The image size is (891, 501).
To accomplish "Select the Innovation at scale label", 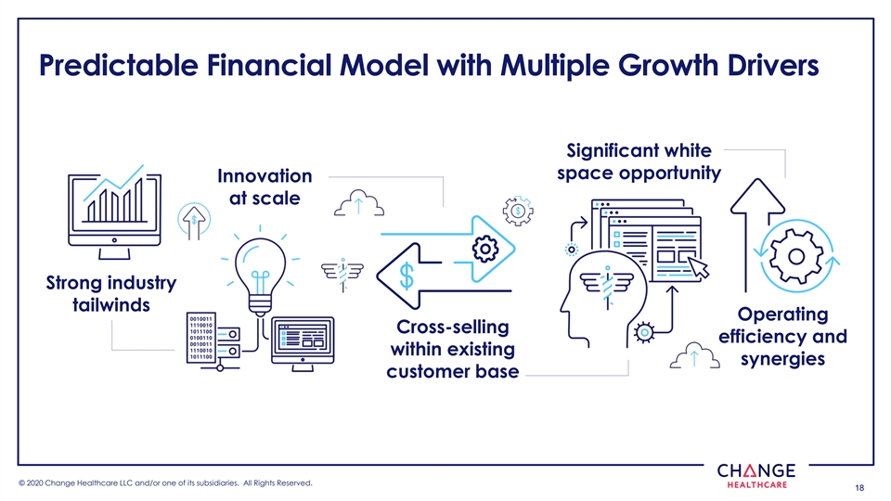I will (x=264, y=186).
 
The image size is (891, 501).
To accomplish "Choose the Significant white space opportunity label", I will (x=638, y=162).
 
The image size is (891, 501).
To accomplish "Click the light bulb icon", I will (x=261, y=270).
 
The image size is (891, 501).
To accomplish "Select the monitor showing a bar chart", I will (x=114, y=205).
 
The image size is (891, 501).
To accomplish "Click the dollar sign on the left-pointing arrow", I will (x=407, y=275).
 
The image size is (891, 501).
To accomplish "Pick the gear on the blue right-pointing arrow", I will (x=484, y=248).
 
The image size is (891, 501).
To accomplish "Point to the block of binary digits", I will (x=201, y=336).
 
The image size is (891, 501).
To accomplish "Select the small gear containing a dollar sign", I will (x=515, y=210).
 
